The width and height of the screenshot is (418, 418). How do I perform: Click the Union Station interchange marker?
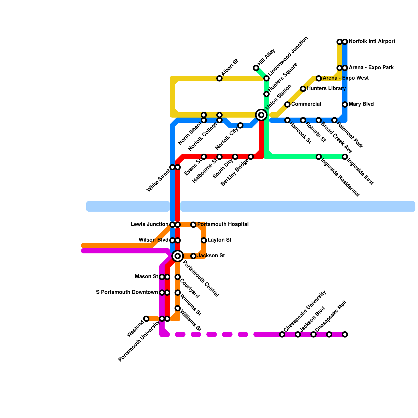click(x=261, y=115)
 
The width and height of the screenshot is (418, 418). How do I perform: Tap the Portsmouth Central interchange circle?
click(x=178, y=256)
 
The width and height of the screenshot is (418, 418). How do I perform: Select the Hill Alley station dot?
click(x=256, y=68)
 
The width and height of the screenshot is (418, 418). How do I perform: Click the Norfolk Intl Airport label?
click(x=372, y=42)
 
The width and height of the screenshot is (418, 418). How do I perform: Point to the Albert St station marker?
click(x=219, y=78)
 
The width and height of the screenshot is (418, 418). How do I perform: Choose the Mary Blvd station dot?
click(x=345, y=104)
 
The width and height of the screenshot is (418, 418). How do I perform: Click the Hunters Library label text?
click(x=326, y=89)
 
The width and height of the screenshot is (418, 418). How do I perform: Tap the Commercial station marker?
click(x=287, y=104)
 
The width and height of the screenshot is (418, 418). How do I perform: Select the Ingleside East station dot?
click(x=345, y=157)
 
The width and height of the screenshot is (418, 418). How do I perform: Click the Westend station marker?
click(x=146, y=319)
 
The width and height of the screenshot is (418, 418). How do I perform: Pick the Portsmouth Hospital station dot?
click(x=193, y=225)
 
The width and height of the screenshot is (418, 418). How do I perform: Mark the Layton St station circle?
click(x=204, y=240)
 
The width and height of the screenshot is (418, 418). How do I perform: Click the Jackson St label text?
click(x=211, y=256)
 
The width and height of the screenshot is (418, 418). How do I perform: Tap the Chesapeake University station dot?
click(x=282, y=334)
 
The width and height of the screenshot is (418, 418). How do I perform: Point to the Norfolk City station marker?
click(x=240, y=125)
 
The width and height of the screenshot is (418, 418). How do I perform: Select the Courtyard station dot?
click(x=178, y=277)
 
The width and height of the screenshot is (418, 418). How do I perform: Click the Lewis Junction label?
click(x=149, y=224)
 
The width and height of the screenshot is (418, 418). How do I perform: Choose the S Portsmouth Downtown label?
click(x=127, y=292)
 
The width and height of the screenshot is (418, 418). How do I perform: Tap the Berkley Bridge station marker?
click(x=251, y=157)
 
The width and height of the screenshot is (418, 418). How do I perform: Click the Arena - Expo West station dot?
click(x=319, y=78)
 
